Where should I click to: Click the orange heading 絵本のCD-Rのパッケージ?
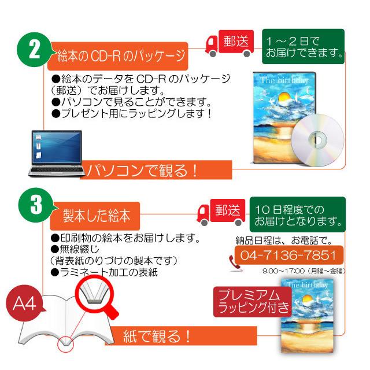click(118, 56)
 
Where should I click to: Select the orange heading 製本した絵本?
click(95, 216)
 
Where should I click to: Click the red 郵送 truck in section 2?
click(230, 43)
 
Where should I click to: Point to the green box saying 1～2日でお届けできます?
click(303, 46)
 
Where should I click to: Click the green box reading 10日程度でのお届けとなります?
click(298, 214)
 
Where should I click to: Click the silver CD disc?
click(317, 140)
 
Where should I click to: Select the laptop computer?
click(57, 153)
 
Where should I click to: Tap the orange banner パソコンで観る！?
click(156, 170)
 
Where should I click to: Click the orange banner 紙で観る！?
click(181, 336)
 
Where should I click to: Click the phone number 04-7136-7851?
click(289, 255)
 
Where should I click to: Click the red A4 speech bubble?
click(25, 303)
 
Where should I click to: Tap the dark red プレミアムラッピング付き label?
click(253, 302)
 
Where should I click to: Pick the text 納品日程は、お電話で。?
click(284, 240)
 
